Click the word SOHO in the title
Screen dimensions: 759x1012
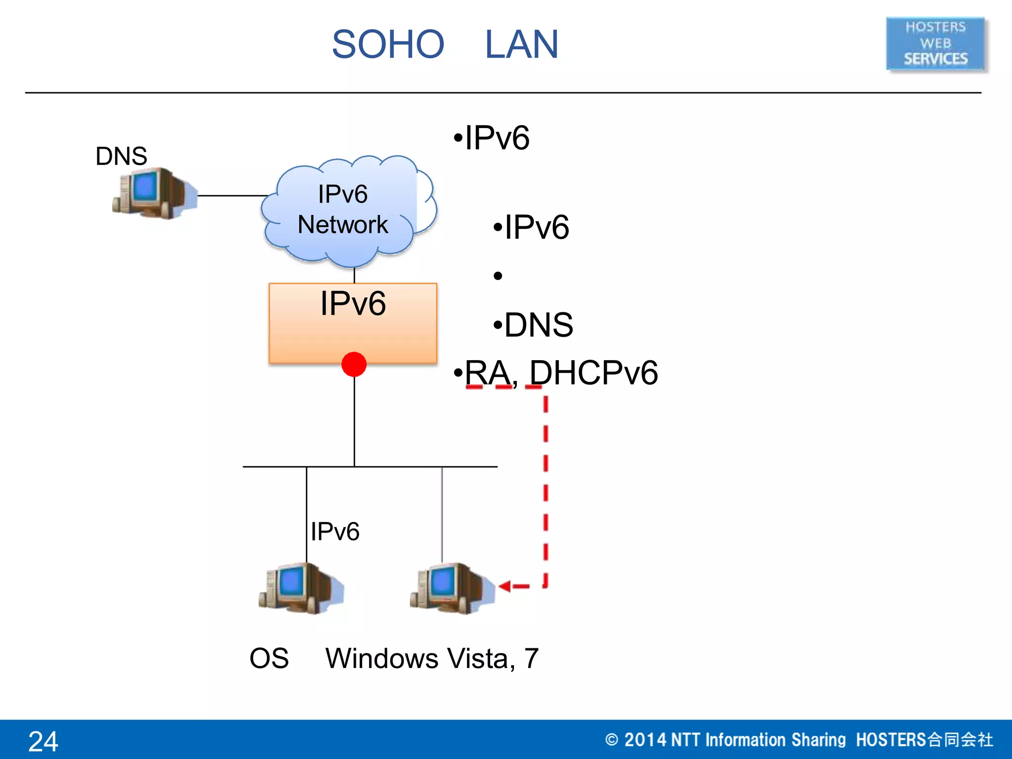[x=388, y=44]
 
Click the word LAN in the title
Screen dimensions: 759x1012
[x=521, y=44]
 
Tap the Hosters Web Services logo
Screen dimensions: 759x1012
[x=935, y=44]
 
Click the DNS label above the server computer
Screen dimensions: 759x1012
[x=121, y=156]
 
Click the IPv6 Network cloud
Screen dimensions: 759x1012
[x=346, y=210]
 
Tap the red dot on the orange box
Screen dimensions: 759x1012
[x=354, y=364]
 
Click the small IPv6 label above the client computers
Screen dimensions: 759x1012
[x=335, y=532]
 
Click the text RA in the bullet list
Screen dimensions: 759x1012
[x=488, y=373]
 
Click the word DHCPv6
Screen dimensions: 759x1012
[x=593, y=373]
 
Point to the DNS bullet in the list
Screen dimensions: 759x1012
[x=538, y=325]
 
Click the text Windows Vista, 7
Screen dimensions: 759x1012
[x=431, y=658]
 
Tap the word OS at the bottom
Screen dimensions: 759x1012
[x=269, y=658]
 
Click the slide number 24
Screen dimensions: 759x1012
[x=43, y=741]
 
